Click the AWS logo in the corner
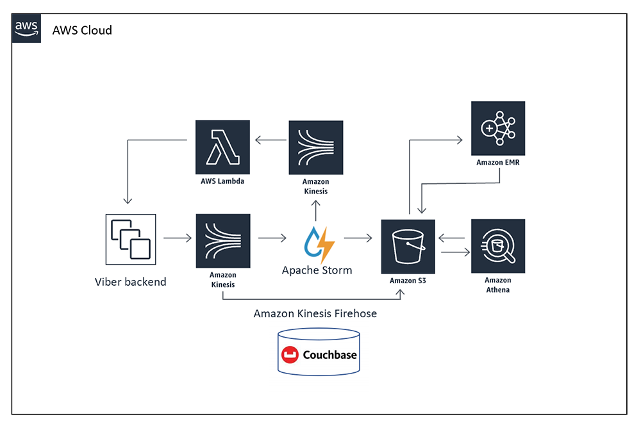tap(27, 28)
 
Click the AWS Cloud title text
tap(82, 29)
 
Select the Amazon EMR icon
tap(498, 128)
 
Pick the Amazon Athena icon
tap(498, 246)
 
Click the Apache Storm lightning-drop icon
tap(317, 242)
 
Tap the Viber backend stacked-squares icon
tap(131, 240)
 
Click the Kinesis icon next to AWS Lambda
tap(315, 147)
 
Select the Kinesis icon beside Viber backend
tap(222, 241)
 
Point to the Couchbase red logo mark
tap(290, 354)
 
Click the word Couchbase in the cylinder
tap(329, 354)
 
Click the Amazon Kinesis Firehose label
tap(315, 313)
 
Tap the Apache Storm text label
tap(317, 270)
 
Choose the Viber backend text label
tap(131, 281)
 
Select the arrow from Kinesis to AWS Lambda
tap(270, 139)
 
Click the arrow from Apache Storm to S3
tap(358, 238)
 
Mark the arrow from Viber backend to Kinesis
tap(178, 238)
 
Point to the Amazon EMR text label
tap(498, 163)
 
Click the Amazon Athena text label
tap(498, 285)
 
